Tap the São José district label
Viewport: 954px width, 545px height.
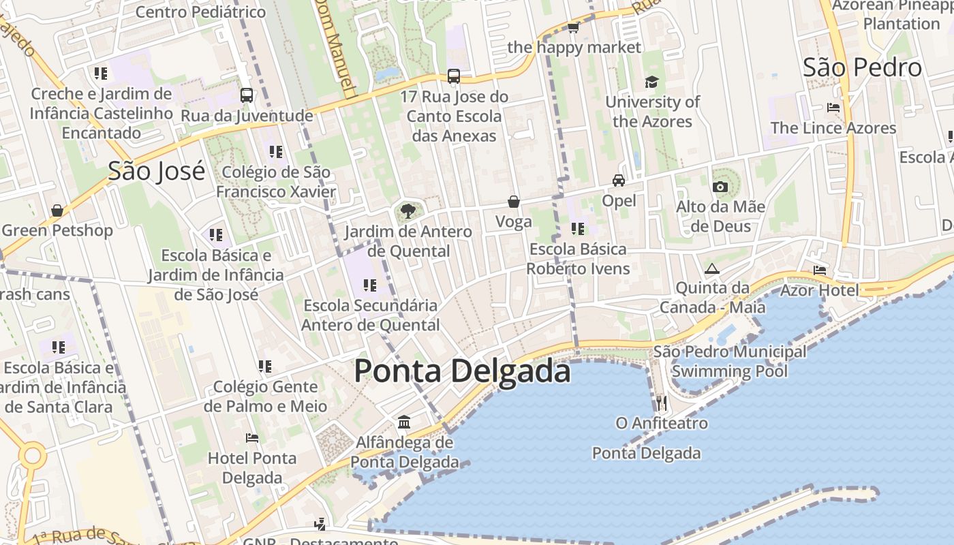[156, 171]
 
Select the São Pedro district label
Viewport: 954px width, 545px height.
[862, 67]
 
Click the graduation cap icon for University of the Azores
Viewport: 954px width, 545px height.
[652, 82]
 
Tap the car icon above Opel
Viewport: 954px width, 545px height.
[619, 181]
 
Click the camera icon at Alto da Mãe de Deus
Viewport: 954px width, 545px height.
[720, 187]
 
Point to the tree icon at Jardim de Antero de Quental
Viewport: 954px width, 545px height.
[408, 211]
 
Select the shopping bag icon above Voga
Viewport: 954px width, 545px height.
[514, 202]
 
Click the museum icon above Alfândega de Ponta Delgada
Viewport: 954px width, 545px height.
[404, 422]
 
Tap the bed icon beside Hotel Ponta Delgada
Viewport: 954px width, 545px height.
[252, 438]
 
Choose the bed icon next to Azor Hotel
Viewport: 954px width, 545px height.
[820, 270]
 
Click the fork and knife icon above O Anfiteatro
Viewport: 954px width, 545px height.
[661, 403]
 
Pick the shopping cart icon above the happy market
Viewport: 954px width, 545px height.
[574, 28]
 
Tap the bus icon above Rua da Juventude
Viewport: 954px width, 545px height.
[247, 95]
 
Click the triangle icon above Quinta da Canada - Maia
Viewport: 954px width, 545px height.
[712, 268]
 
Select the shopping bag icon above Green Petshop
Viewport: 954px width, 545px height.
[57, 211]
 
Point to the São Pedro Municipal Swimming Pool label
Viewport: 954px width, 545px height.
[729, 362]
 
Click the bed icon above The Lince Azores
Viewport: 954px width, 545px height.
[833, 108]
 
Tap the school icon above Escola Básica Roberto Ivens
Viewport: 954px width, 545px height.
[578, 229]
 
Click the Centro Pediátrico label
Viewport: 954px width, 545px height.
[200, 12]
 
